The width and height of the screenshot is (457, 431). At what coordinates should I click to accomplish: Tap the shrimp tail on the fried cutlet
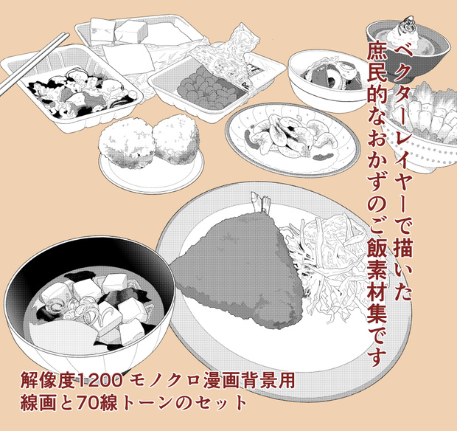point(260,202)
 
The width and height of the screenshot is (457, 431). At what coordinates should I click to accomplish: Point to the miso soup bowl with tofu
point(90,303)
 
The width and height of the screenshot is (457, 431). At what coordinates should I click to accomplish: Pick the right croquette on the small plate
point(176,138)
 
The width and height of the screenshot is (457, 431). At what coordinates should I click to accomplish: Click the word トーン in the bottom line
point(149,403)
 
